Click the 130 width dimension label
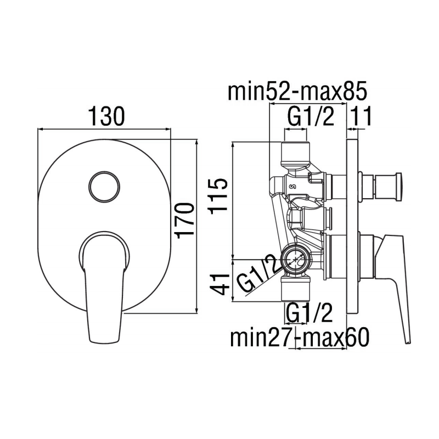(104, 116)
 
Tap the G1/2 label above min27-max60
(309, 314)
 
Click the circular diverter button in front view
(103, 185)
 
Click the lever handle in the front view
(103, 285)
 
